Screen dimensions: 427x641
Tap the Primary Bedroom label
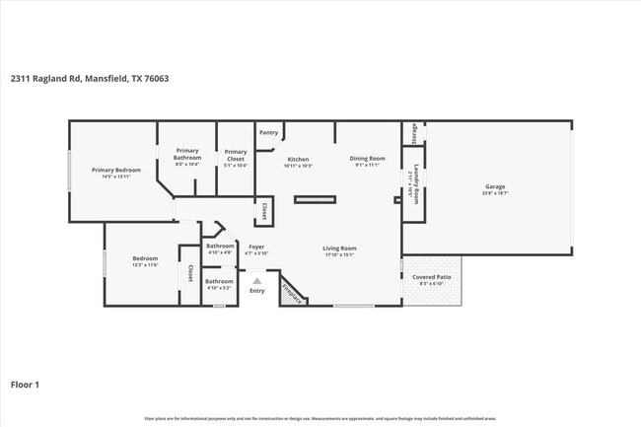[116, 170]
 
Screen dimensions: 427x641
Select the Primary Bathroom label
[187, 155]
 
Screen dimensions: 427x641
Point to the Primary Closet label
[235, 155]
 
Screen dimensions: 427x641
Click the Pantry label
[268, 132]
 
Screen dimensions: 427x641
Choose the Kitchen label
[298, 159]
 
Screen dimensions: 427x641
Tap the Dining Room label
[367, 158]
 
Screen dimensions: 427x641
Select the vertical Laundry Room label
[416, 182]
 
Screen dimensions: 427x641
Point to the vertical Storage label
[414, 132]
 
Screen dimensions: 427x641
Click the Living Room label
[339, 249]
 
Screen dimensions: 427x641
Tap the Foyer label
[255, 249]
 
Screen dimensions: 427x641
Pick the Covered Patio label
[432, 278]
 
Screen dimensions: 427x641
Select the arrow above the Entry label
[257, 281]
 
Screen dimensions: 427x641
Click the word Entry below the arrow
[257, 291]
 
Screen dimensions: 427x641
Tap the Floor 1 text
[26, 385]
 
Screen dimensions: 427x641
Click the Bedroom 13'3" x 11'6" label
[145, 261]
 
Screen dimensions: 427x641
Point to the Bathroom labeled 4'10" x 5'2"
[219, 283]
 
